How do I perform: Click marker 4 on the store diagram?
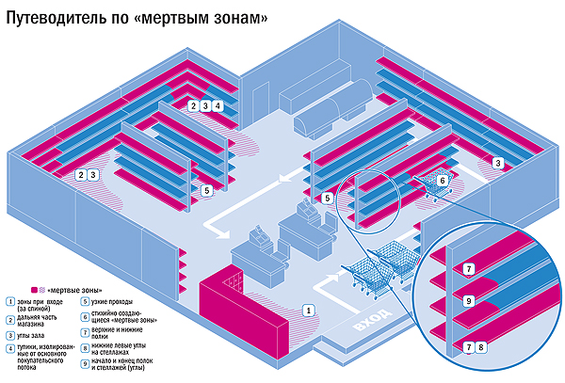(x=218, y=106)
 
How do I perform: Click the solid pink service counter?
(x=240, y=311)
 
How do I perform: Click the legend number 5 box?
(x=86, y=302)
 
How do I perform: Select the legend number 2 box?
(x=8, y=320)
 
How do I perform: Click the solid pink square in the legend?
(x=33, y=290)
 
